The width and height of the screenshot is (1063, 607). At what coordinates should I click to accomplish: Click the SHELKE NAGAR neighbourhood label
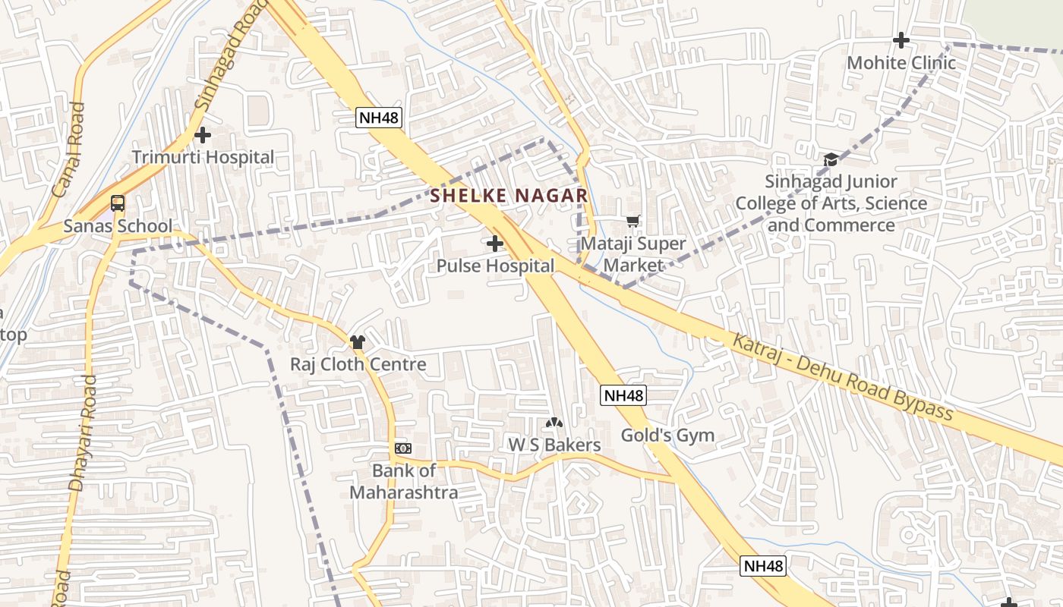coord(509,196)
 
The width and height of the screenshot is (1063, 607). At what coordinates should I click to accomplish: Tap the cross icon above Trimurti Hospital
coord(203,136)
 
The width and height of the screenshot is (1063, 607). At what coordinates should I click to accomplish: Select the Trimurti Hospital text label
coord(203,157)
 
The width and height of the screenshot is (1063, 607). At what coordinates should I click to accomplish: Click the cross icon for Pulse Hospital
coord(495,244)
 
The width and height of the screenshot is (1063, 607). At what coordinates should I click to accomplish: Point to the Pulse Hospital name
coord(495,266)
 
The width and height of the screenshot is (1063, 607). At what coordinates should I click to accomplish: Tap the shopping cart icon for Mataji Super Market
coord(632,222)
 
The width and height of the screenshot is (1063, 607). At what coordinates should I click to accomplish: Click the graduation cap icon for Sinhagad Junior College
coord(831,159)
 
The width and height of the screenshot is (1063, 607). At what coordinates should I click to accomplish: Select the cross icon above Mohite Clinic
coord(901,40)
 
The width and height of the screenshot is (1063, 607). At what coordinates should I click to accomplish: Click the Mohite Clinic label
coord(901,62)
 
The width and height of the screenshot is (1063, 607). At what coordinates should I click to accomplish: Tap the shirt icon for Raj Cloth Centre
coord(358,342)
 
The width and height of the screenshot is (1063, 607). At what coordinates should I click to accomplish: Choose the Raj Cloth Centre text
coord(358,364)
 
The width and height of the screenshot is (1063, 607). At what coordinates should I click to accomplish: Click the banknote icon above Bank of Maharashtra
coord(402,448)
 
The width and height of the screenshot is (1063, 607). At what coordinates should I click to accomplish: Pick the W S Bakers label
coord(554,445)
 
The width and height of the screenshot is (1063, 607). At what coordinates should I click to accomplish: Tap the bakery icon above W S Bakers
coord(554,423)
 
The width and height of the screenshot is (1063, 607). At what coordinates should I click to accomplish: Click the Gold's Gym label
coord(667,436)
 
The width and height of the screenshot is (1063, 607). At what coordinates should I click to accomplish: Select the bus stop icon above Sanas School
coord(118,203)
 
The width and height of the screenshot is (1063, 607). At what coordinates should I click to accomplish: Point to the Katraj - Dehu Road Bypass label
coord(842,376)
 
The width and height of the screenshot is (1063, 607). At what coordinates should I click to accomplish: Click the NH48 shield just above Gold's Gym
coord(623,395)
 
